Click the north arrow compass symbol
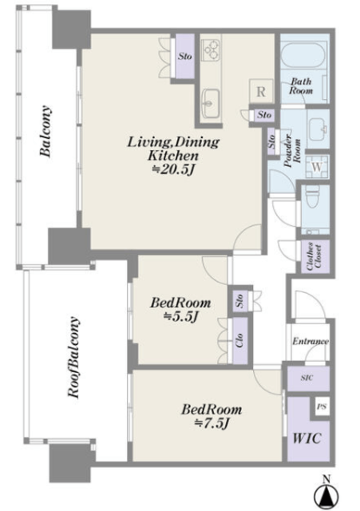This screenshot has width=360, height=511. (326, 495)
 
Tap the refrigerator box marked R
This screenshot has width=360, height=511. (261, 91)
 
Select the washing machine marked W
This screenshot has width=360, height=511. (317, 167)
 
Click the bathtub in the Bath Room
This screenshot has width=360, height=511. (303, 55)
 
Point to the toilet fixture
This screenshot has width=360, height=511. (312, 198)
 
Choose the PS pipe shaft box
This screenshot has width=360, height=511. (322, 406)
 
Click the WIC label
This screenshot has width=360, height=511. (307, 438)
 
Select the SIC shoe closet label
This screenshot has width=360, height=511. (307, 378)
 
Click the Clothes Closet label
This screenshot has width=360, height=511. (314, 256)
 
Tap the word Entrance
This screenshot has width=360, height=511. (310, 341)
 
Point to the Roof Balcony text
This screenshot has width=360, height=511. (73, 357)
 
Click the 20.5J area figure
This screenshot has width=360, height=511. (174, 170)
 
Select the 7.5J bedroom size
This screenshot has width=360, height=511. (212, 424)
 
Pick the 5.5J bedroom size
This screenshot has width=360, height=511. (181, 316)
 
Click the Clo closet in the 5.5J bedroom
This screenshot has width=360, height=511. (240, 341)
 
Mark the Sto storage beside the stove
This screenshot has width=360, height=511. (184, 56)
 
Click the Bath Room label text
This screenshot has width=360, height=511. (301, 85)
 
